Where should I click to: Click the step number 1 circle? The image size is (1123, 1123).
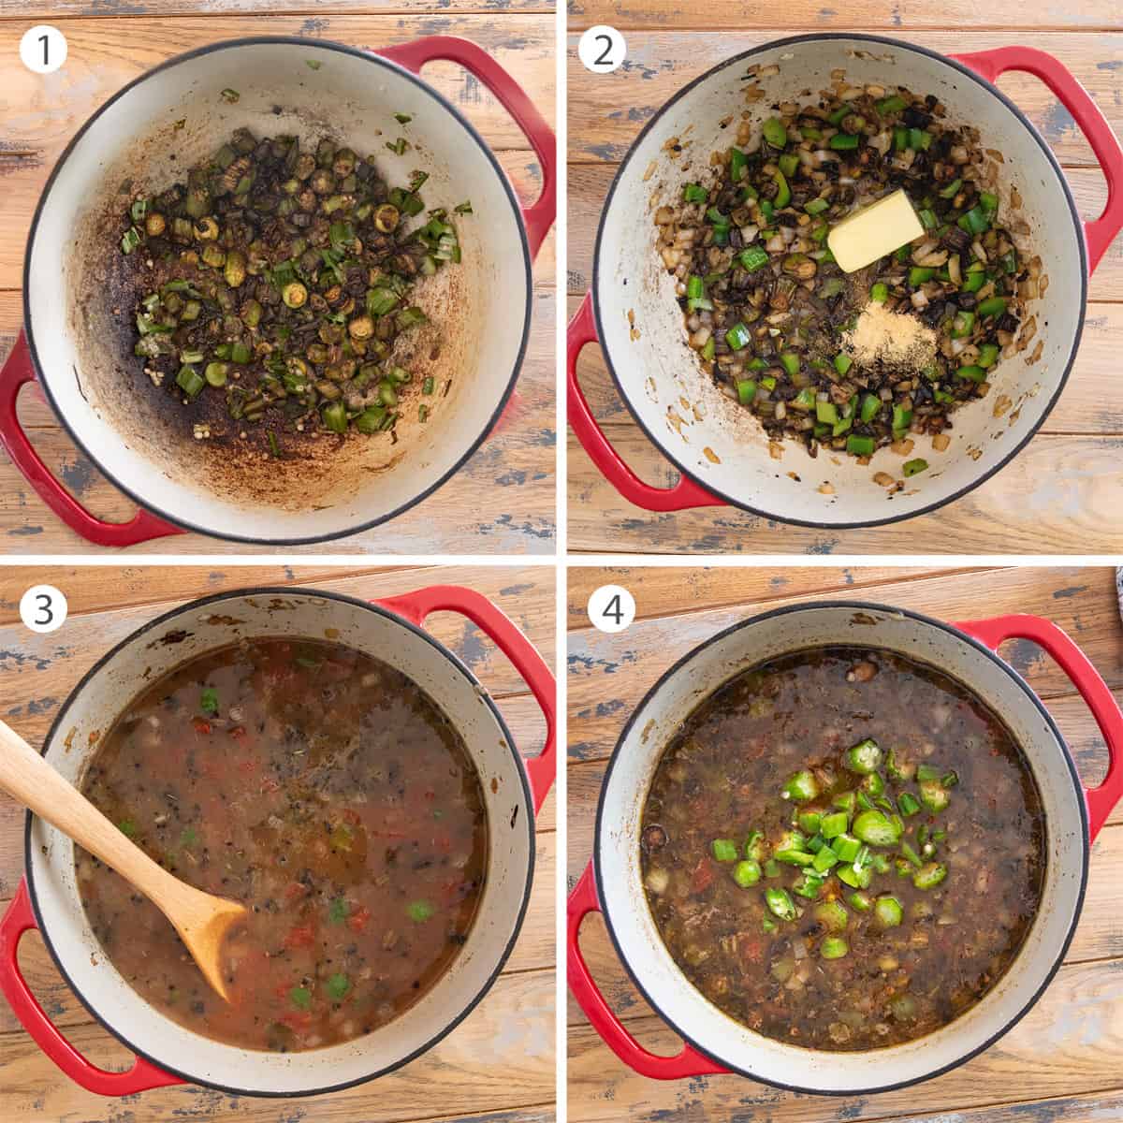point(44,49)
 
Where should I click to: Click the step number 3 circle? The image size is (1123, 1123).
point(44,609)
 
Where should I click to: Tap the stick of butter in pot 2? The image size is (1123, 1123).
point(876,231)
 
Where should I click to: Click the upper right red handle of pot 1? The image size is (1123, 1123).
point(487,103)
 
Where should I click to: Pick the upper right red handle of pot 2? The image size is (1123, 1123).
point(1039,103)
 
